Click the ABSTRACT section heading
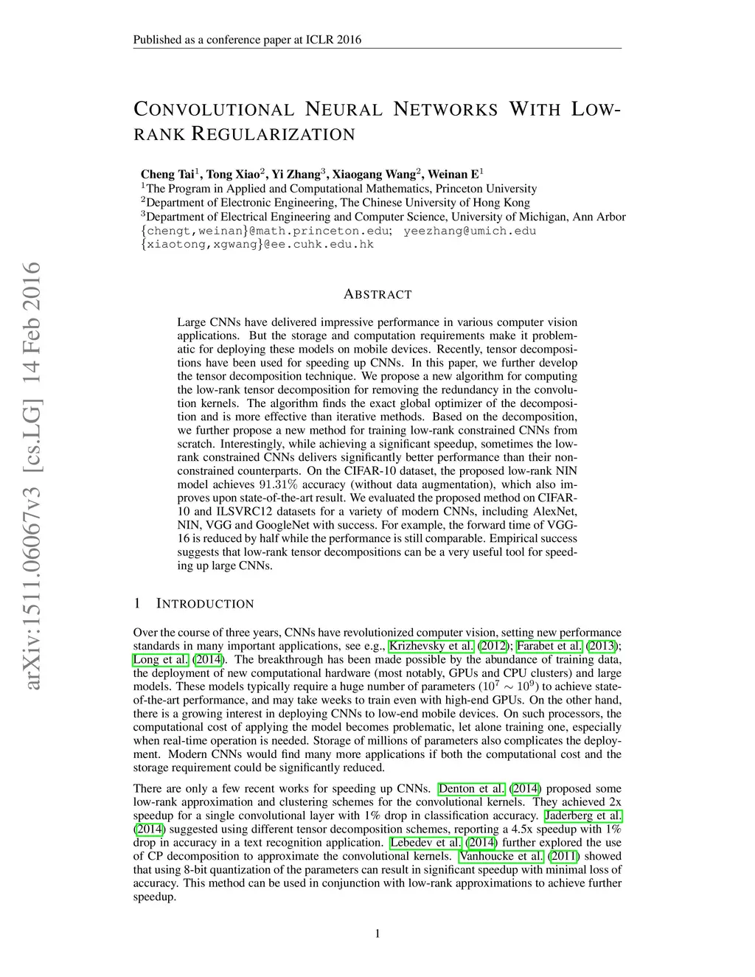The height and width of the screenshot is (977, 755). (x=377, y=294)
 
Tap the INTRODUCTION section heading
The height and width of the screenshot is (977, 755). (x=205, y=604)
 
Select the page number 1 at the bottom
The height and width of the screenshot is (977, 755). (x=377, y=934)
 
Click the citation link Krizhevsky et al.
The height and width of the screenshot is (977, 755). (x=431, y=646)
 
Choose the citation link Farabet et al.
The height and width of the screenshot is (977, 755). (x=549, y=646)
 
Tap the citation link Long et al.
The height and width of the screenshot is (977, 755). (x=161, y=659)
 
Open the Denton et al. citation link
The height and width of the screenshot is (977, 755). (x=472, y=788)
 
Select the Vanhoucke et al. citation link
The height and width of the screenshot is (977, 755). (x=501, y=856)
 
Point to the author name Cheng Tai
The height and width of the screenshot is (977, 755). (x=167, y=174)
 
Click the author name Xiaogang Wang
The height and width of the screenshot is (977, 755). (x=374, y=174)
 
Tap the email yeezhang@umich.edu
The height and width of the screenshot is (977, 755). (x=470, y=231)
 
